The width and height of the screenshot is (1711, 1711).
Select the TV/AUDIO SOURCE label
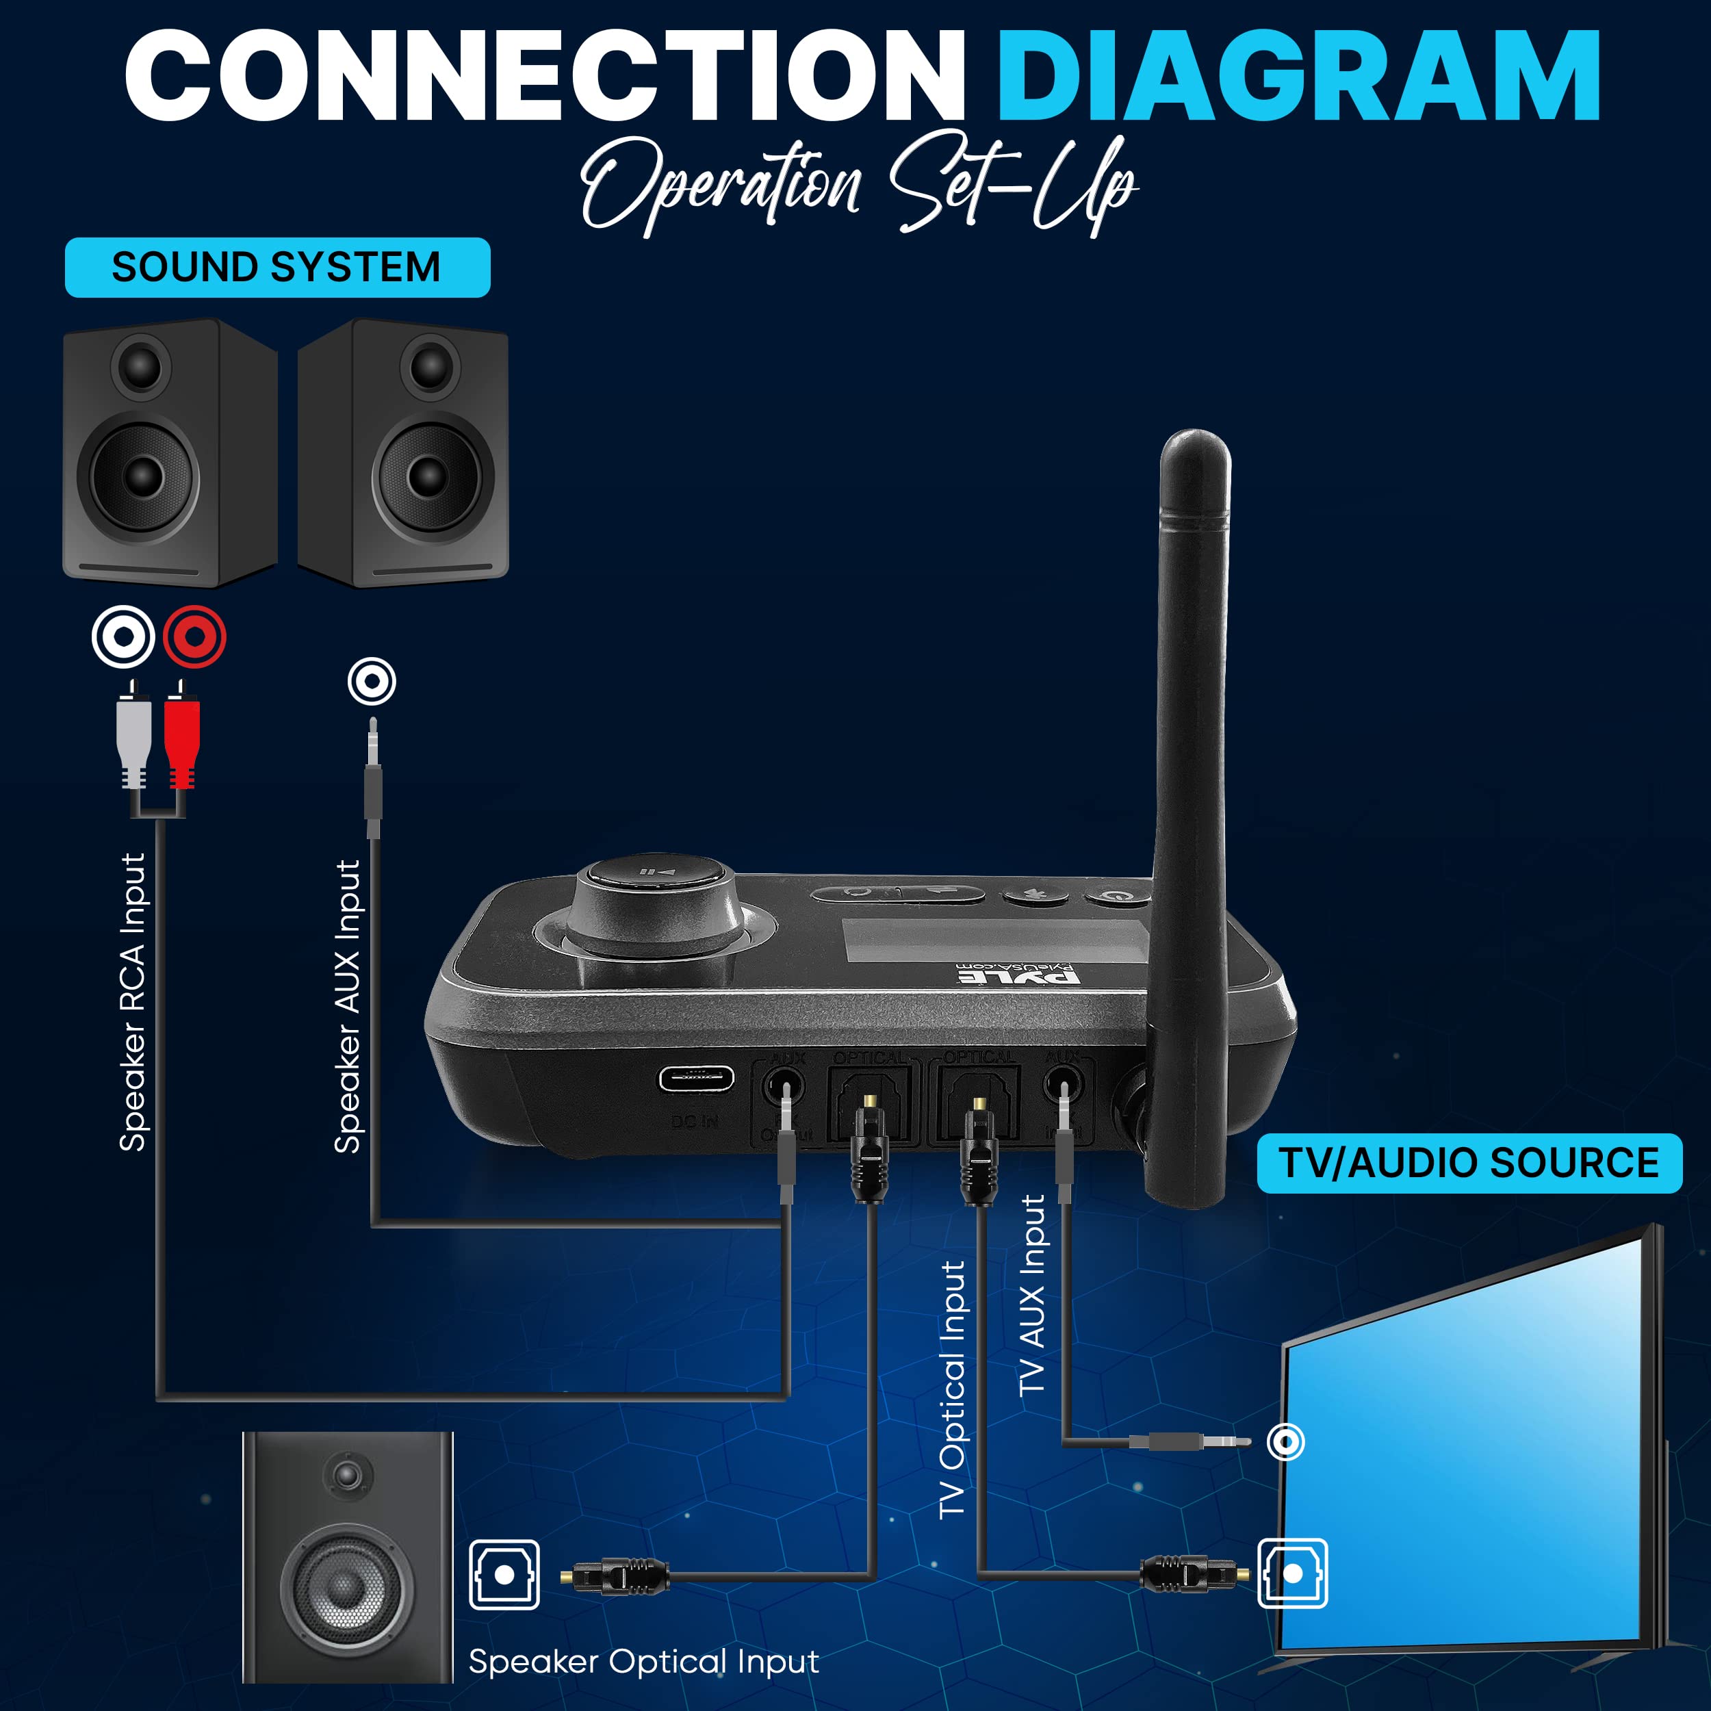pos(1468,1163)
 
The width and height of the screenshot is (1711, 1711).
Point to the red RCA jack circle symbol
pos(194,636)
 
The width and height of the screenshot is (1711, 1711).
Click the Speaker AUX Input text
pos(348,1006)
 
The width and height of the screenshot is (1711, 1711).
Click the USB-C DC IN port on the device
pos(695,1079)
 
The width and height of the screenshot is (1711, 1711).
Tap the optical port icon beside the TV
pos(1292,1573)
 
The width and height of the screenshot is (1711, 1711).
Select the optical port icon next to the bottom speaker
pos(504,1573)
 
